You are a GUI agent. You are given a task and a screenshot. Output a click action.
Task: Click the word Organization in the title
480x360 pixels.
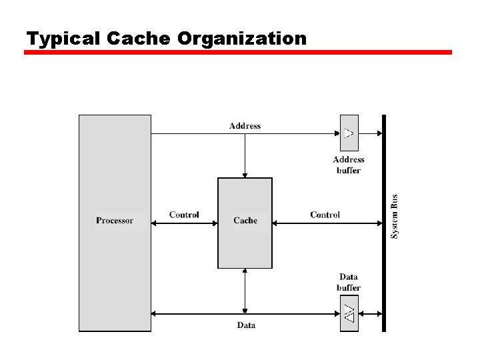coord(242,39)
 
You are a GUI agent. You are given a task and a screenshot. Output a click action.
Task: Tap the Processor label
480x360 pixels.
coord(115,221)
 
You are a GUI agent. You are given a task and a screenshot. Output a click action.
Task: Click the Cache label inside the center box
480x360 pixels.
coord(245,221)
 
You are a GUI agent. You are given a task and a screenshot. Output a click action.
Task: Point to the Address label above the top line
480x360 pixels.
coord(245,125)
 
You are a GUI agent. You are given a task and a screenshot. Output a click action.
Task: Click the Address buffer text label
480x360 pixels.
coord(349,165)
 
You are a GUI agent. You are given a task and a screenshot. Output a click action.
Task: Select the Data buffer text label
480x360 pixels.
coord(349,282)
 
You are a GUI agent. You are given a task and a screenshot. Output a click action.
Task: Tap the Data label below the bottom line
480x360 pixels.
coord(246,325)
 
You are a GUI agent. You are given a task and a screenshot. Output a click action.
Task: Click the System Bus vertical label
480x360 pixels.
coord(395,217)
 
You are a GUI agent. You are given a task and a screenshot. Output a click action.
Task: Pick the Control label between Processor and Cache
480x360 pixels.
coord(184,215)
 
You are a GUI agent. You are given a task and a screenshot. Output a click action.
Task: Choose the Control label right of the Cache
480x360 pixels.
coord(325,215)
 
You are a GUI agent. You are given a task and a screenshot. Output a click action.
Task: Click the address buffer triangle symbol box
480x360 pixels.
coord(349,133)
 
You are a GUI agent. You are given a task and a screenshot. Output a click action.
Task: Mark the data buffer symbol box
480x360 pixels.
coord(349,313)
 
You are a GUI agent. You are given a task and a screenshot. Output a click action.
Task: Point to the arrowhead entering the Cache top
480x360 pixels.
coord(245,175)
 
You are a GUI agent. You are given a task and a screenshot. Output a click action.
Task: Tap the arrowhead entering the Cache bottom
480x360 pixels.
coord(245,271)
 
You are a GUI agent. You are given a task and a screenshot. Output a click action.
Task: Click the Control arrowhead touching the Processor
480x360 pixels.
coord(155,223)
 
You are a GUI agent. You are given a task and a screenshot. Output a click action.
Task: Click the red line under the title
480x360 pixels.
coord(238,52)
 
